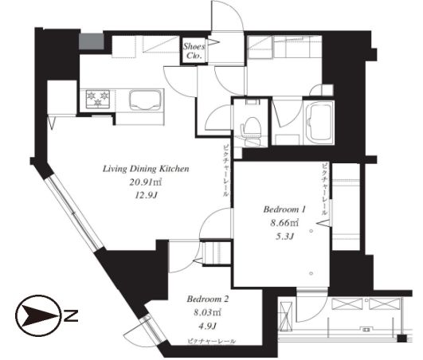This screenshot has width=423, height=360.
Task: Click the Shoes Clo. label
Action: [x=193, y=51]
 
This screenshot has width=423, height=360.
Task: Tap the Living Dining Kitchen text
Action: [x=146, y=169]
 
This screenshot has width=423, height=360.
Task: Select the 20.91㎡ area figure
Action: [x=146, y=182]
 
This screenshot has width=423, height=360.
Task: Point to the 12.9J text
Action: [x=146, y=195]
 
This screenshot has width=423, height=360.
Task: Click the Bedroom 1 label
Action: [x=284, y=209]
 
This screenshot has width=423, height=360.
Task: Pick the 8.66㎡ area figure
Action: [x=284, y=223]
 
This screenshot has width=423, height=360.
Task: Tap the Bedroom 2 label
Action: [x=208, y=299]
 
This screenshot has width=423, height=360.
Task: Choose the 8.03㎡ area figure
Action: [x=208, y=312]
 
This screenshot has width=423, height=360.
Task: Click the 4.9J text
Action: [x=207, y=327]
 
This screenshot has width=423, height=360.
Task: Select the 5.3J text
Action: [x=284, y=237]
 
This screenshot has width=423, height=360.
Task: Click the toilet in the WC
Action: [x=251, y=129]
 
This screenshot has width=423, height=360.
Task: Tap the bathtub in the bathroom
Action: [x=319, y=123]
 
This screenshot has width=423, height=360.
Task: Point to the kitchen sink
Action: [x=146, y=100]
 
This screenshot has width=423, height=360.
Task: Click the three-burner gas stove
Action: [x=97, y=99]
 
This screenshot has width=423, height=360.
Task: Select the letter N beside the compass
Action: [x=71, y=316]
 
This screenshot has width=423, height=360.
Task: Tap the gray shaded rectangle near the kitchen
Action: [x=92, y=41]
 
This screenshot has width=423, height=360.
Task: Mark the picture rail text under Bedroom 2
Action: [x=212, y=342]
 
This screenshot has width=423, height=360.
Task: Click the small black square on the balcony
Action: [x=402, y=338]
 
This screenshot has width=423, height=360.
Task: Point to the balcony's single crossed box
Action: [x=286, y=315]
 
